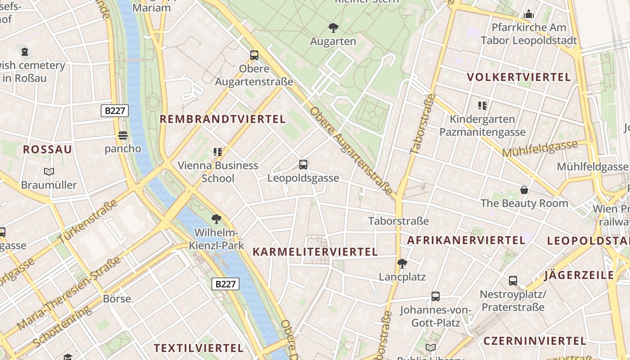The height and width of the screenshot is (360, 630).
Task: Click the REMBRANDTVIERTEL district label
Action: (223, 119)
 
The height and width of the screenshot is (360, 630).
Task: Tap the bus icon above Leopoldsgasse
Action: (303, 165)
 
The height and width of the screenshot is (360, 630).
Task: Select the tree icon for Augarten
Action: (333, 28)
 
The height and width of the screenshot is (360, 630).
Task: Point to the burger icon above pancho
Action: (123, 135)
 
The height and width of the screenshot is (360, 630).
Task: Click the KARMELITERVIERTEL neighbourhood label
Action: (315, 252)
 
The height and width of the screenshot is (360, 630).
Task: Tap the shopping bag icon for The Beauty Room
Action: (524, 190)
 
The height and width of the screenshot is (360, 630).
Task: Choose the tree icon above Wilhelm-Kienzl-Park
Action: (216, 220)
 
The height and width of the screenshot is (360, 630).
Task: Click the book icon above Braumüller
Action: (49, 172)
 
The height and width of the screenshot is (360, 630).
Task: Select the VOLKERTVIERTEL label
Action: (519, 77)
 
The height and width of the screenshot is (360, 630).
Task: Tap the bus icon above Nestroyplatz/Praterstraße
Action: (513, 281)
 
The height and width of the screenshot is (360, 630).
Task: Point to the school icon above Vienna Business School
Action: (218, 152)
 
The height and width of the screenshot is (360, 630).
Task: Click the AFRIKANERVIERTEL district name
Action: (466, 240)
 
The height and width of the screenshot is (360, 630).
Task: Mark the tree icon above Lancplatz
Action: (402, 263)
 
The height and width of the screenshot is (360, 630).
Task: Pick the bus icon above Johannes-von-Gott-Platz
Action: (436, 297)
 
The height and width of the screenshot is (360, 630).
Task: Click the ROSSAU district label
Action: (47, 150)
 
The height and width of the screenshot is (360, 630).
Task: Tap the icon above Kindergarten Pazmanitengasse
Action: (482, 106)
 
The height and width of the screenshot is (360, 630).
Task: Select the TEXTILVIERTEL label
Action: (198, 348)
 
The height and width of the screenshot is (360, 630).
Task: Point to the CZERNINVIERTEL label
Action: (535, 341)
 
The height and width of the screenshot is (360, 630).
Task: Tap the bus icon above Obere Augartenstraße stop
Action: (254, 56)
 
